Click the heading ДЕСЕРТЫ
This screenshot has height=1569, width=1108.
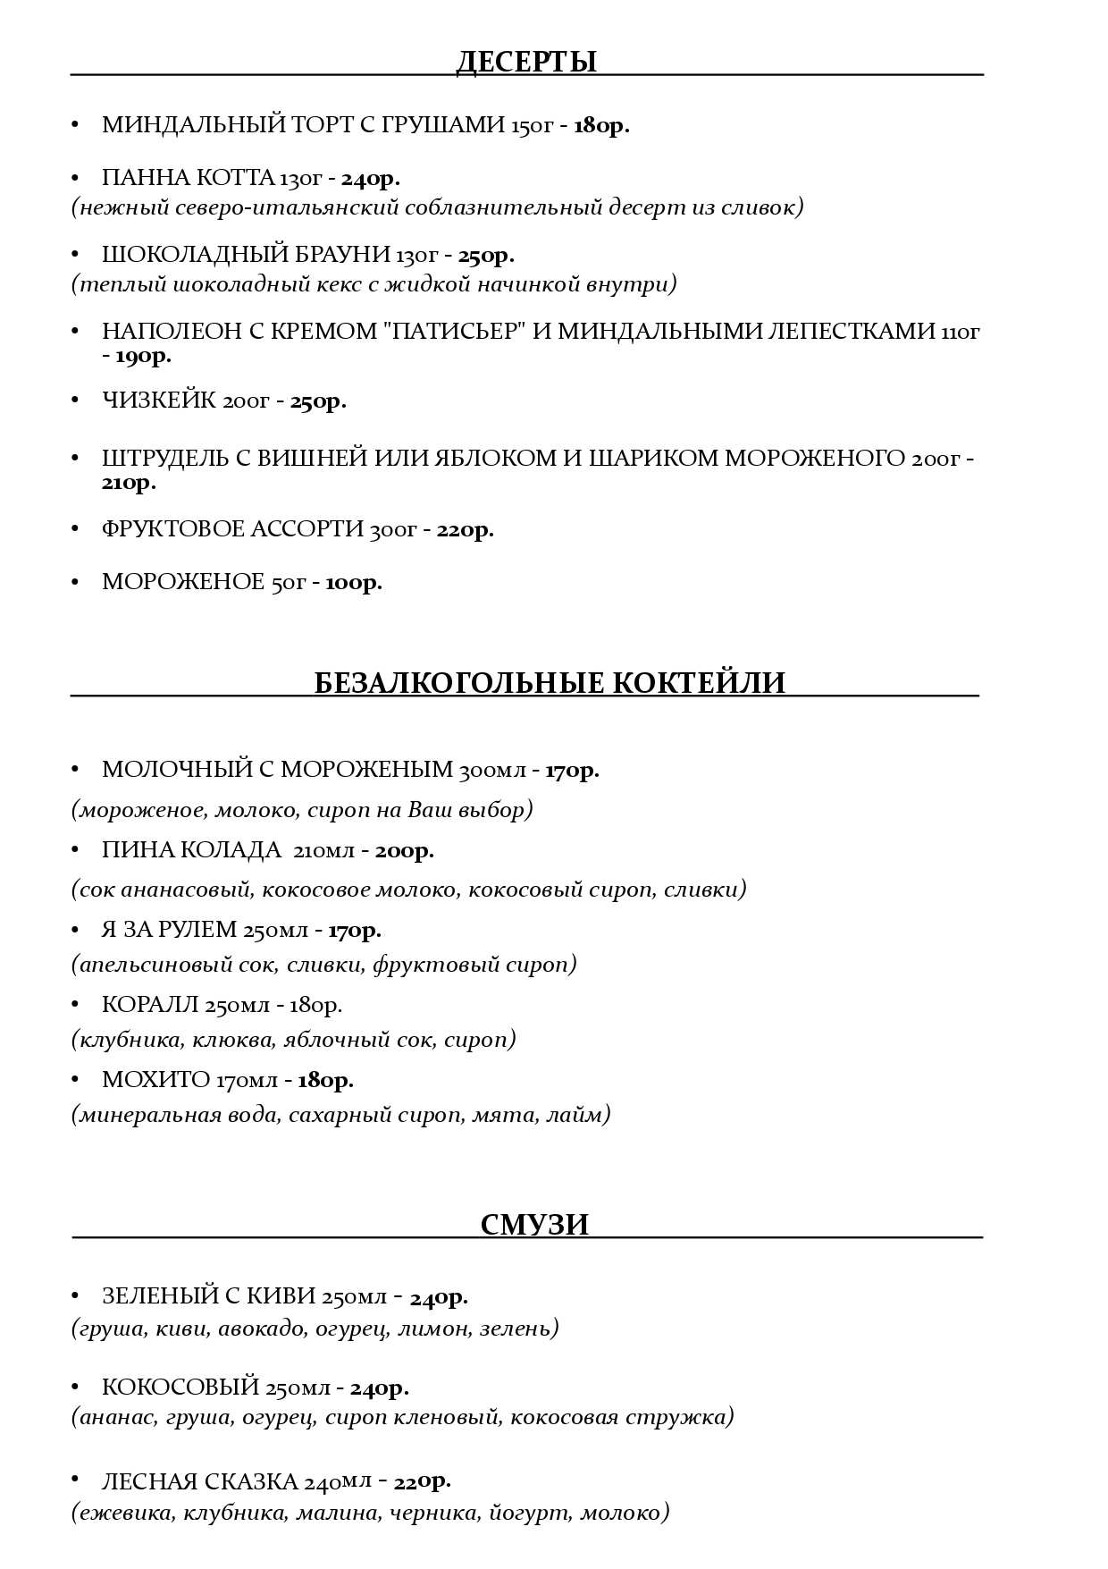[526, 62]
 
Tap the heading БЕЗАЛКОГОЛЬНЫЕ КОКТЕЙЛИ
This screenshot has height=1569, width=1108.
[550, 683]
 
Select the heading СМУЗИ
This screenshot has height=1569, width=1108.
[534, 1224]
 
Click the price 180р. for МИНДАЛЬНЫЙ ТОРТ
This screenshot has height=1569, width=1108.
[601, 125]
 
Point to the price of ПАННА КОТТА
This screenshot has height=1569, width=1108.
[370, 179]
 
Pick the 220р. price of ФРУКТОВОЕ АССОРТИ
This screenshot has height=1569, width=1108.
[465, 530]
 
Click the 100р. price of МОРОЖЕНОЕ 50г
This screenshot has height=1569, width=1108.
[354, 583]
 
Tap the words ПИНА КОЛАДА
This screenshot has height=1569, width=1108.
[191, 850]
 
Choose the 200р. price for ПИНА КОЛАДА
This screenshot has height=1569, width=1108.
[405, 851]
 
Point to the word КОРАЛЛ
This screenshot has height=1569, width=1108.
[147, 1006]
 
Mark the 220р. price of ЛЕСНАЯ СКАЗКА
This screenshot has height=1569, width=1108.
[422, 1481]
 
